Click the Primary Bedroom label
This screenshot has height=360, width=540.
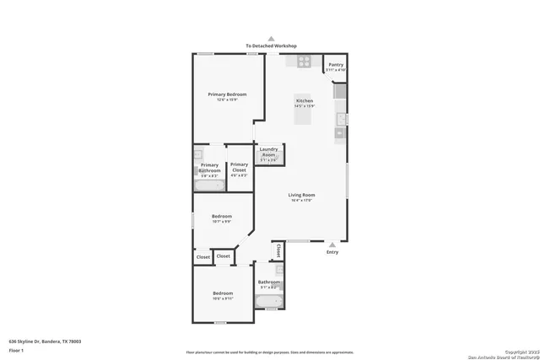[226, 94]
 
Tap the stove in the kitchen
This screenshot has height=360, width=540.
[304, 61]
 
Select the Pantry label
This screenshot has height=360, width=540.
[336, 64]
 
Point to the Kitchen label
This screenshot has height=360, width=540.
[304, 100]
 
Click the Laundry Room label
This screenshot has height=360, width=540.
[268, 153]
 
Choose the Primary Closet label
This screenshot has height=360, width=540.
[239, 167]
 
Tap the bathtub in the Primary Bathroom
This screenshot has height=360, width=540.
[209, 185]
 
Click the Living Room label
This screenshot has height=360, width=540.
[302, 195]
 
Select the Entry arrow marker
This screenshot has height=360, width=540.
[332, 244]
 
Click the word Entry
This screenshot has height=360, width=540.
[332, 252]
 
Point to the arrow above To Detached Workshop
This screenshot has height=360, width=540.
[272, 38]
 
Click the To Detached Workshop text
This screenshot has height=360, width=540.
[272, 46]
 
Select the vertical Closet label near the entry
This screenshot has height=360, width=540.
[278, 250]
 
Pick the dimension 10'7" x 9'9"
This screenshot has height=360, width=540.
[221, 222]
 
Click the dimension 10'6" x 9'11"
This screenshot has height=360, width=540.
[222, 298]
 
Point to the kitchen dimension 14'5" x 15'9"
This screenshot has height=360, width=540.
[304, 106]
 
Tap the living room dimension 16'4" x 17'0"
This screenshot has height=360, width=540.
[302, 201]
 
